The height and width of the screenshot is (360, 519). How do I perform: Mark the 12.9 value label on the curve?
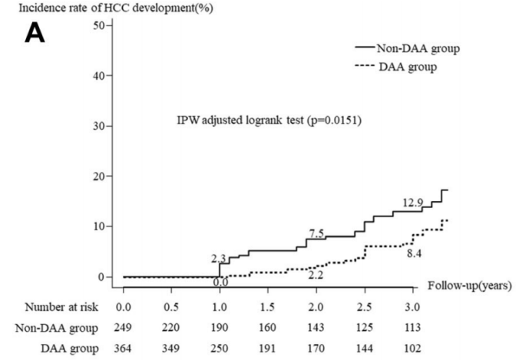tap(412, 203)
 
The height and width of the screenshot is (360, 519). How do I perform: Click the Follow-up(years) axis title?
tap(469, 286)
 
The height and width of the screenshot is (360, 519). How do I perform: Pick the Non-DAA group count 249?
tap(123, 328)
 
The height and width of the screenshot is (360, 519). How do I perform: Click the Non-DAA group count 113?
tap(414, 328)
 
